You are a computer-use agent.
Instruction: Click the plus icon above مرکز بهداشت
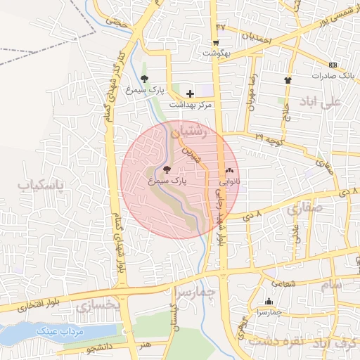190,94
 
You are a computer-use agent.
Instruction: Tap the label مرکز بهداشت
191,105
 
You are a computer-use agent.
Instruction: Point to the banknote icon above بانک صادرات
333,65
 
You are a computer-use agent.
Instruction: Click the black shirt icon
287,79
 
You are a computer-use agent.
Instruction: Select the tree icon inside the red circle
167,169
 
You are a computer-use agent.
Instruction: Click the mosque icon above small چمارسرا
268,300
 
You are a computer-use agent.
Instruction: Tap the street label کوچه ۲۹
269,139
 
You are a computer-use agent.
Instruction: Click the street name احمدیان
256,37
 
